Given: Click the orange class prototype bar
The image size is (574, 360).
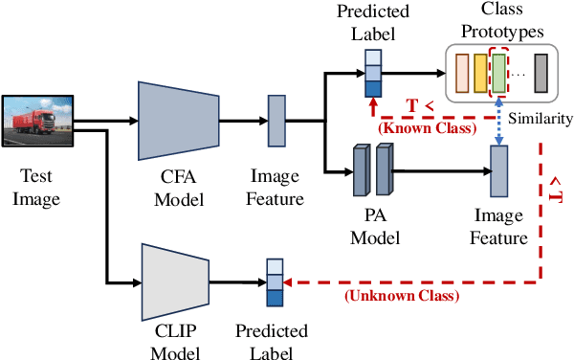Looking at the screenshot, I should (461, 73).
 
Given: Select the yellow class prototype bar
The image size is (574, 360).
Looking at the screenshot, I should (479, 73).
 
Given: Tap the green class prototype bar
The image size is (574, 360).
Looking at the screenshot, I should (498, 73).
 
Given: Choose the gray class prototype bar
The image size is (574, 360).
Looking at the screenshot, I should (541, 73).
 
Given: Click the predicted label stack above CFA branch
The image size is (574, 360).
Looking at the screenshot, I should (372, 74).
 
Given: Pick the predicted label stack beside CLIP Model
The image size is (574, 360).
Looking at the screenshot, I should (276, 283).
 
